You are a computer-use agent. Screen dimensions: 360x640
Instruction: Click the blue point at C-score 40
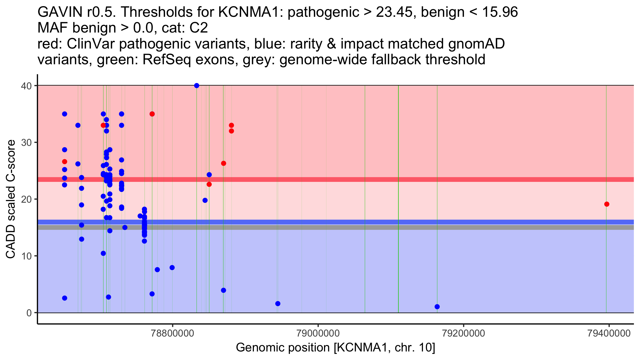197,86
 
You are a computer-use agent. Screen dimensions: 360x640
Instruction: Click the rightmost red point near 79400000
607,204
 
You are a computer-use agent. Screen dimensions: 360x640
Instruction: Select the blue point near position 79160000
437,307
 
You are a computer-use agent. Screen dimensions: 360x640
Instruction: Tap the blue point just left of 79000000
278,303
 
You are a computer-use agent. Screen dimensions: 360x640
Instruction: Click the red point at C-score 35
152,114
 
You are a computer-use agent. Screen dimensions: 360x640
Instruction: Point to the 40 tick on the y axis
35,86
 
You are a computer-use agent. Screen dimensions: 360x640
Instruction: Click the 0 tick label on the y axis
29,313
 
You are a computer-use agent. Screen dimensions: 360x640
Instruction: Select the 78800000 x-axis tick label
173,333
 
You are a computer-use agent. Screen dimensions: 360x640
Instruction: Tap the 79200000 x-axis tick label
463,333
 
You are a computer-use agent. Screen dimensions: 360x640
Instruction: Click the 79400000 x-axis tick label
609,333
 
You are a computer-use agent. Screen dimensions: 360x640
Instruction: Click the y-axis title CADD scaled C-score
11,199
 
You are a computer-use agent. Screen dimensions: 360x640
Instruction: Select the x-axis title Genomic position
335,348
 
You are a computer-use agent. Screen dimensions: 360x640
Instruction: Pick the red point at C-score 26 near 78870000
223,163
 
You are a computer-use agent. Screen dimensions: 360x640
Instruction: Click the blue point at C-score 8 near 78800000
172,267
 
